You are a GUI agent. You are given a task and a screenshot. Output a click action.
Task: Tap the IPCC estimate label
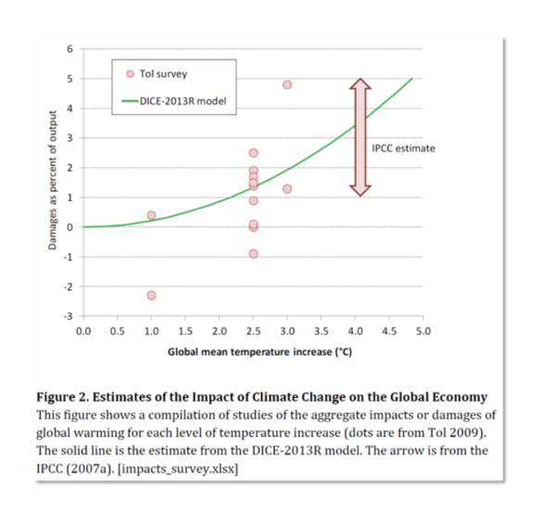pos(402,148)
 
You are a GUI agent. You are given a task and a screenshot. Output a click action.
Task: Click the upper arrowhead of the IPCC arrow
pos(360,85)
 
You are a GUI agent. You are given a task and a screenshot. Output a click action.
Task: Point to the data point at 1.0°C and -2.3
pos(151,296)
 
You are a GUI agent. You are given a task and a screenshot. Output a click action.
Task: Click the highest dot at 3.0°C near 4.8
pos(287,84)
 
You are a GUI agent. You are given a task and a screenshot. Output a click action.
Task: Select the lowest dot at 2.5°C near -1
pos(253,254)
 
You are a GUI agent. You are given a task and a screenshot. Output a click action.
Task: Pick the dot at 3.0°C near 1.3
pos(287,189)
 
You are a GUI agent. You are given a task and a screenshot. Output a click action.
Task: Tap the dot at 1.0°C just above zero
pos(151,215)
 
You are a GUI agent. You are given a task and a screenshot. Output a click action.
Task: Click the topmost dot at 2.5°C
pos(253,153)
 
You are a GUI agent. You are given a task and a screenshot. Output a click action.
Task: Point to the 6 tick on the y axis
pos(69,49)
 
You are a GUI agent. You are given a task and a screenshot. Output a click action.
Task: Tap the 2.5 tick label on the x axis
pos(253,330)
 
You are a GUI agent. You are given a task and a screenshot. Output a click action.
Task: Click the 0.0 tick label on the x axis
pos(82,330)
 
